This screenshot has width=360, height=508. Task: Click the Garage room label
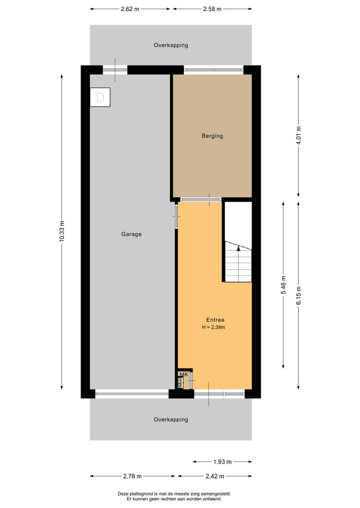(x=131, y=234)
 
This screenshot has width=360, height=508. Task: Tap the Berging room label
(x=212, y=136)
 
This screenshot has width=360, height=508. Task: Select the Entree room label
(x=215, y=320)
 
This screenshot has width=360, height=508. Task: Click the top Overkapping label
(x=170, y=45)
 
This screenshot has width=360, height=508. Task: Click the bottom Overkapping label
(x=170, y=420)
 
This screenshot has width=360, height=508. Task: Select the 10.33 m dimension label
(x=62, y=232)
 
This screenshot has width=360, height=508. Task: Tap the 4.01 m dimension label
(x=298, y=135)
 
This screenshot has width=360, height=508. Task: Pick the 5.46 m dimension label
(x=283, y=285)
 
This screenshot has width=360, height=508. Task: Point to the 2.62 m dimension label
(x=130, y=9)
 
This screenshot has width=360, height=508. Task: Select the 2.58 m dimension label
(x=212, y=9)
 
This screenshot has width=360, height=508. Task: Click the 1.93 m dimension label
(x=222, y=462)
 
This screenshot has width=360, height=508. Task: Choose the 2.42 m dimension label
(x=214, y=476)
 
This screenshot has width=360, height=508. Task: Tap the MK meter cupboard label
(x=183, y=375)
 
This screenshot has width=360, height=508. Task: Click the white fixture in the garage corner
(x=100, y=97)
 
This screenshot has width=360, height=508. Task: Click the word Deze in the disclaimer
(x=123, y=494)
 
